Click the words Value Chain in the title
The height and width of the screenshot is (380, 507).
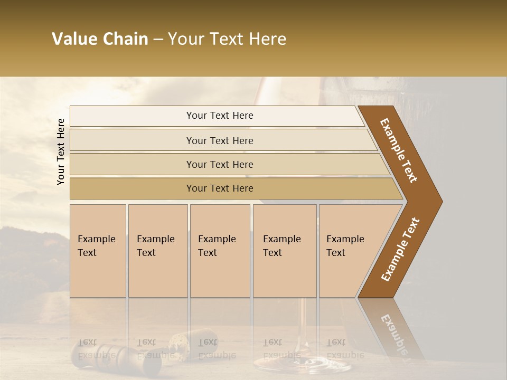(x=100, y=39)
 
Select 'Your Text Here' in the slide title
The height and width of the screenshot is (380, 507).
(x=227, y=39)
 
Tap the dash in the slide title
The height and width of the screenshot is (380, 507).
(x=158, y=40)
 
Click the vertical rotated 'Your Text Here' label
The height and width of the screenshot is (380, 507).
(x=61, y=152)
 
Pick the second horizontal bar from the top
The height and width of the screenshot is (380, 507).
(x=220, y=140)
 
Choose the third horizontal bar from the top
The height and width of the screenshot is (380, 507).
(x=220, y=164)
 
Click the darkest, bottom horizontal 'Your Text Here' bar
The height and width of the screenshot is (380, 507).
(x=220, y=188)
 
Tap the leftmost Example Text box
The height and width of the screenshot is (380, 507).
(x=98, y=251)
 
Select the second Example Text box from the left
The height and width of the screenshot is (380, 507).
(x=158, y=251)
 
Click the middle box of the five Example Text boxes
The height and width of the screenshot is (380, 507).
(x=220, y=251)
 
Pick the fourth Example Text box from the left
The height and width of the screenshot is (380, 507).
(x=285, y=251)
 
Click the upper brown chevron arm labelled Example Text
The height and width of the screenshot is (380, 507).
(x=399, y=150)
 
